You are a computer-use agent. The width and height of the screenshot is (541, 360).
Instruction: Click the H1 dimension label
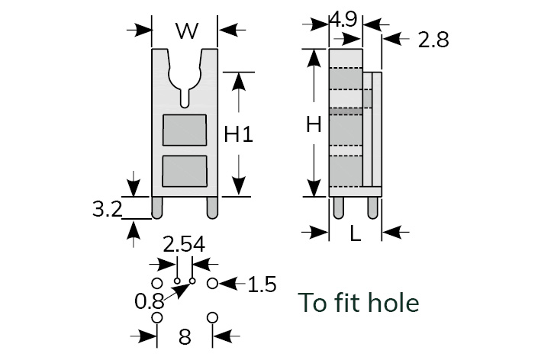tap(238, 134)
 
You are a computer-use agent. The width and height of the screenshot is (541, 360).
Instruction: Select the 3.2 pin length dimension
tap(108, 209)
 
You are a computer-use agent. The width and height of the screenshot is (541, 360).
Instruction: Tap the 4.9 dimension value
tap(343, 20)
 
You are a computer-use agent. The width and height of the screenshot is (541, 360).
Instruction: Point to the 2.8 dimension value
tap(433, 40)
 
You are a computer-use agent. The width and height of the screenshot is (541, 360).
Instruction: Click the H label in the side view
tap(313, 125)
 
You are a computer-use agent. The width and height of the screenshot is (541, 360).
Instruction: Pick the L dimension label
tap(356, 234)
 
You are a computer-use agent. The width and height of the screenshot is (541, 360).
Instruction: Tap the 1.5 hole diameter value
tap(262, 285)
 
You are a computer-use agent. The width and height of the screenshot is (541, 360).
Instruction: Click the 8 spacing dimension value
tap(185, 337)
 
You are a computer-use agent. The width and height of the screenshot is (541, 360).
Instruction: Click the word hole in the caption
tap(390, 304)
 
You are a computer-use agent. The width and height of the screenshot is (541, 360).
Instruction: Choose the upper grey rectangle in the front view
tap(185, 131)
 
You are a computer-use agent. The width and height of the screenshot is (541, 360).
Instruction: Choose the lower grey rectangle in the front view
tap(185, 171)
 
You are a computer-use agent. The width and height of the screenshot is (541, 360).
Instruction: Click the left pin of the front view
tap(157, 207)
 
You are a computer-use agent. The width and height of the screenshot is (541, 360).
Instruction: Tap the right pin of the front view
tap(211, 207)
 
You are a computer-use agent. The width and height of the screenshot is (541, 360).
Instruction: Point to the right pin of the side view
tap(372, 207)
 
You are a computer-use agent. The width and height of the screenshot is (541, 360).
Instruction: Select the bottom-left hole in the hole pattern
tap(157, 317)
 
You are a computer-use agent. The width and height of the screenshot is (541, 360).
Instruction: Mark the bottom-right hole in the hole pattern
tap(213, 317)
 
